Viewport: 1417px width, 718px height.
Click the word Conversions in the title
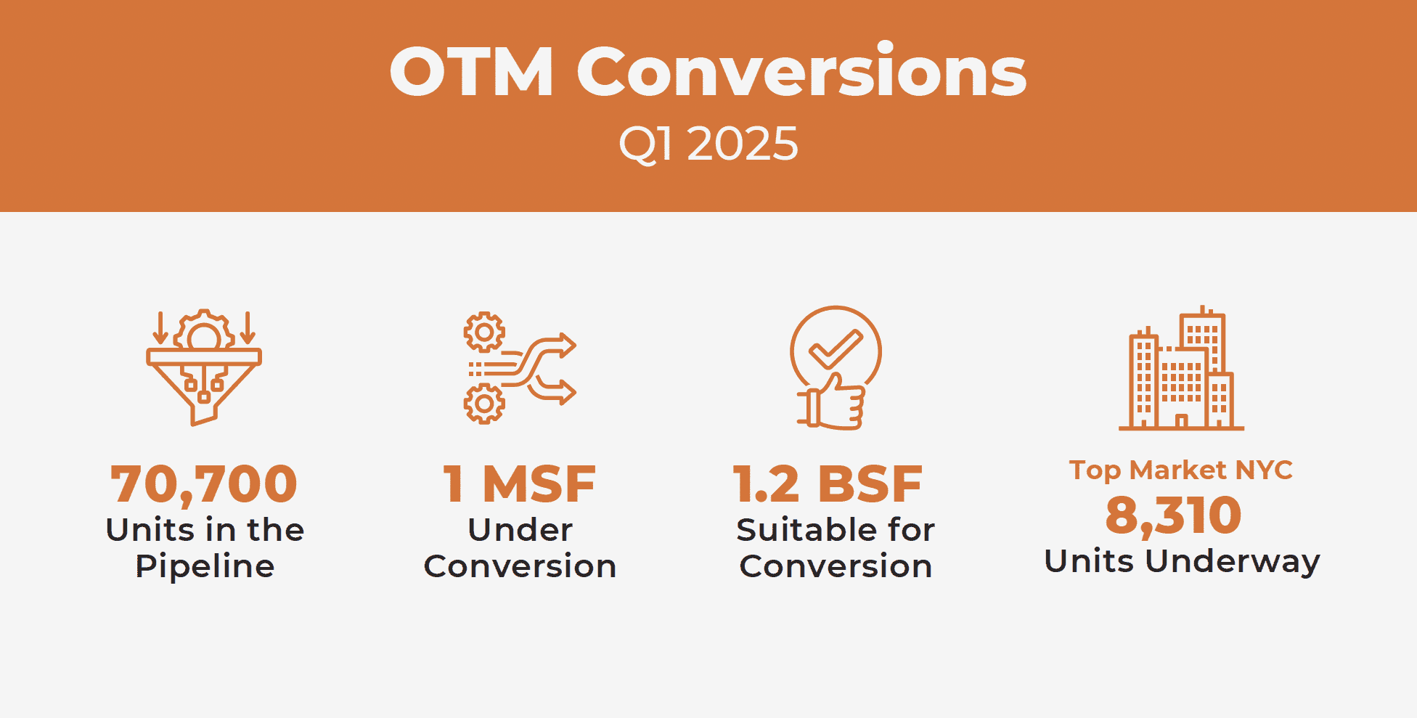(802, 70)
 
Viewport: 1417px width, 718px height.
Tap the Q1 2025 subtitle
(708, 144)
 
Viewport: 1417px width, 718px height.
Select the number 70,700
(204, 485)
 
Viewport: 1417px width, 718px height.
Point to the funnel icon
(204, 367)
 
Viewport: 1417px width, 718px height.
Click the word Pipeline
(205, 566)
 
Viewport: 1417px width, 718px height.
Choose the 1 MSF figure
(520, 484)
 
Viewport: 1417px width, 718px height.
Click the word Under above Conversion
(520, 530)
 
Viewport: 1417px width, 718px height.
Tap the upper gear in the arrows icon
(484, 333)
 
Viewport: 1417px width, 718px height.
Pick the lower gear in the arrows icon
(484, 404)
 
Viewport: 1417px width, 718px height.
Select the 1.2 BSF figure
(828, 484)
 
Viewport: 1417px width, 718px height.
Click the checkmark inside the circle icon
(836, 349)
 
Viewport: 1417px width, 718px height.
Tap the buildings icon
(1181, 368)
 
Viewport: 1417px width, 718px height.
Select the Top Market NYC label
(1181, 470)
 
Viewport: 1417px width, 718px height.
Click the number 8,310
(1174, 515)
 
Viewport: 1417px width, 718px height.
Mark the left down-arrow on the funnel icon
(160, 328)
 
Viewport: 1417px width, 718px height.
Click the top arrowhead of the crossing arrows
(567, 346)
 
